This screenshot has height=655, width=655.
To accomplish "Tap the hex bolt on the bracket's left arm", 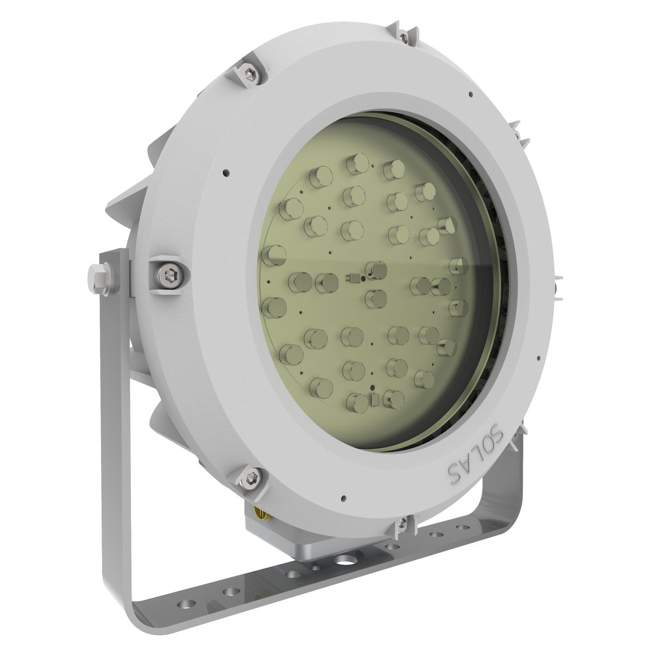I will [x=98, y=276].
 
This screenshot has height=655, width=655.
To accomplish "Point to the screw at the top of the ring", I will [x=404, y=36].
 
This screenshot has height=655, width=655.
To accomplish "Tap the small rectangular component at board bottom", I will [x=374, y=401].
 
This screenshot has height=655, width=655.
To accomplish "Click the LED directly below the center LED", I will [x=376, y=299].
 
